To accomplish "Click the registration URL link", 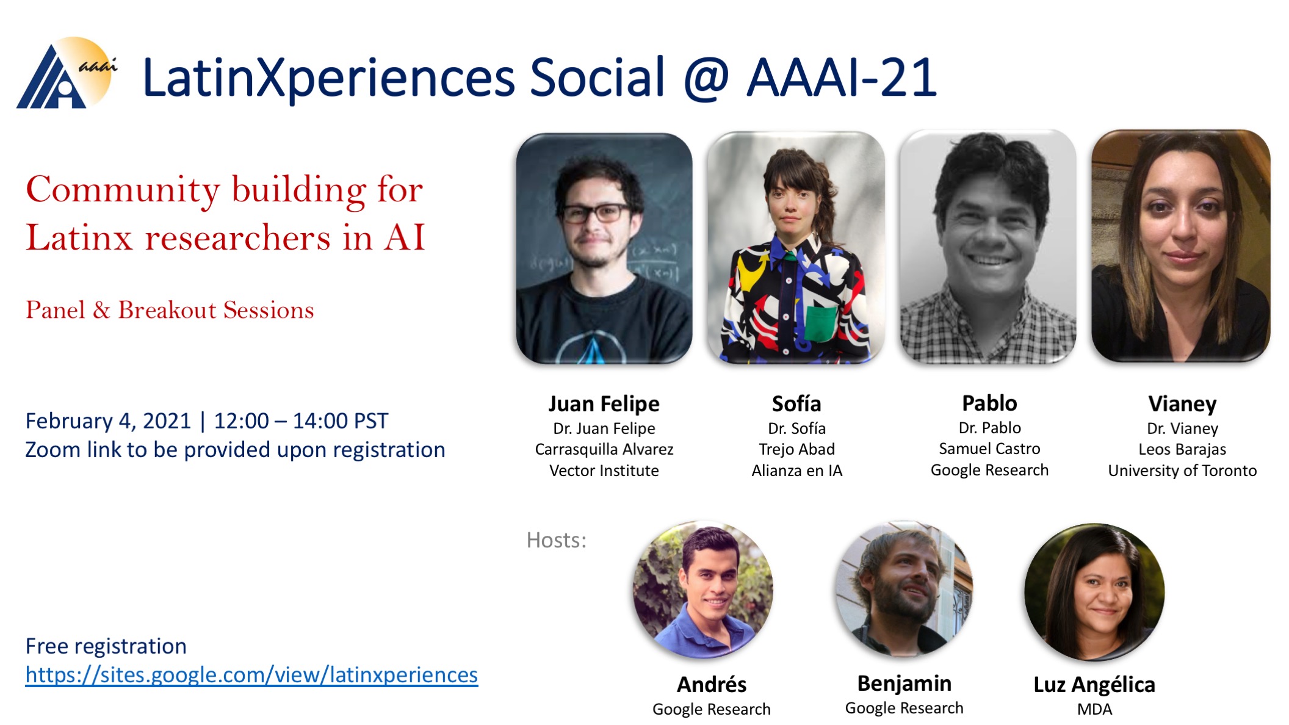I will [251, 675].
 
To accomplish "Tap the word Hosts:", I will [556, 540].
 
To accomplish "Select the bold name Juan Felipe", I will [604, 404].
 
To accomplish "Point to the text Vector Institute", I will [604, 471].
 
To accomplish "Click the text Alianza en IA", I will [796, 471].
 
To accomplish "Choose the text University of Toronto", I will [1182, 471].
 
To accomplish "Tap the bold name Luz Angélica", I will [1094, 684].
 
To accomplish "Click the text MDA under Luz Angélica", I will [1094, 709].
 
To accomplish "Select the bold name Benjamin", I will [904, 683].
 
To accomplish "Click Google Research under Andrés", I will [711, 709].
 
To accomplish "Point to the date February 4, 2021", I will [109, 421].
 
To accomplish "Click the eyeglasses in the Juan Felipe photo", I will [595, 213].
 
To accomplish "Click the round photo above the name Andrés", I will [703, 590].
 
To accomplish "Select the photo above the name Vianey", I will [1180, 246].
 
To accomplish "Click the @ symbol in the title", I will [706, 78].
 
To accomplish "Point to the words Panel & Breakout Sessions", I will [170, 310].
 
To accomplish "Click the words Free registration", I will [106, 646].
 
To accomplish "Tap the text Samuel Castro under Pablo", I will [989, 449].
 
